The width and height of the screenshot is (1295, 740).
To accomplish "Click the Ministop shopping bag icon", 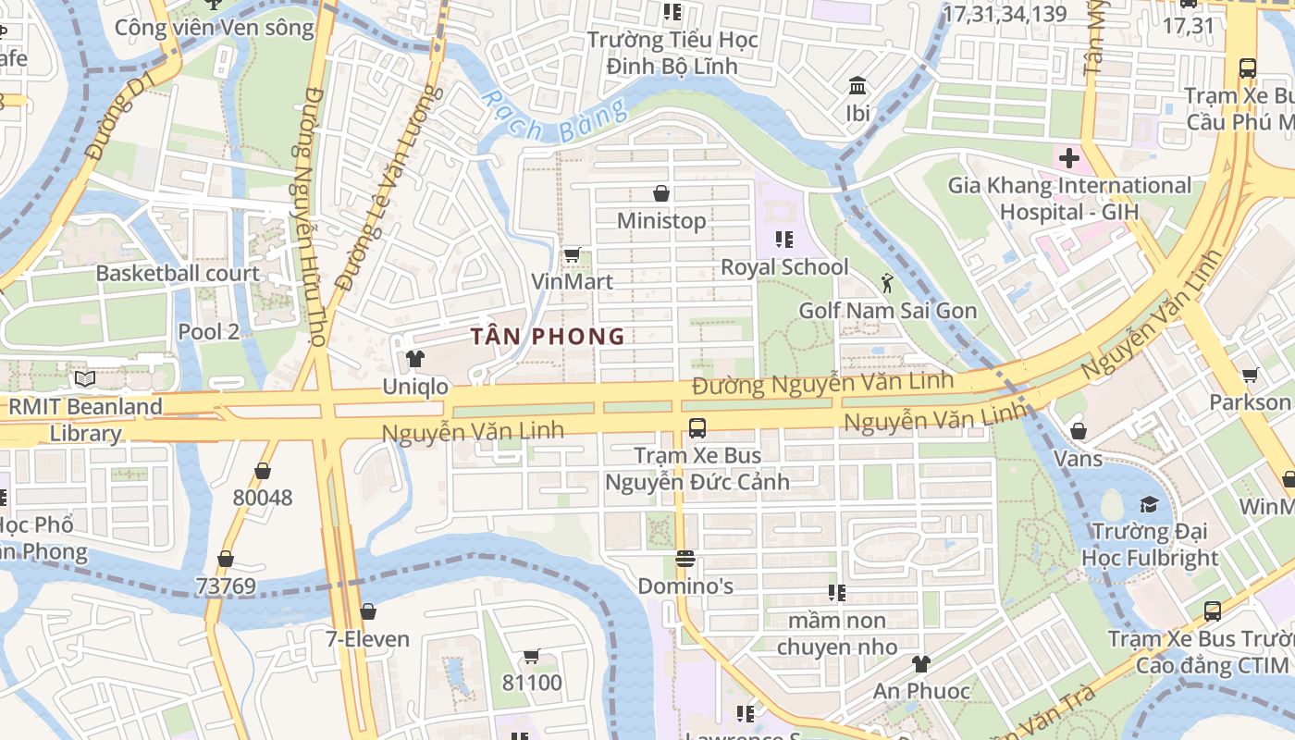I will [x=661, y=193].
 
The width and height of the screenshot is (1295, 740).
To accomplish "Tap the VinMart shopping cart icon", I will [x=572, y=254].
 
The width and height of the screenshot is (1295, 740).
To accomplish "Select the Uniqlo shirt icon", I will [x=415, y=359].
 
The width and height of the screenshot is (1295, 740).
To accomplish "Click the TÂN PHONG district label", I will [x=548, y=337].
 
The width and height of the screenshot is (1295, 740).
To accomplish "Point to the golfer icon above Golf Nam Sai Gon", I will [x=888, y=282].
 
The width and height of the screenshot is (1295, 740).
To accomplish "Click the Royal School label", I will [x=784, y=267].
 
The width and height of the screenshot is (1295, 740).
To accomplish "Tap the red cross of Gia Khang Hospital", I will [x=1069, y=158].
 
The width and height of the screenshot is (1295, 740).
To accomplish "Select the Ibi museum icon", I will [x=857, y=86].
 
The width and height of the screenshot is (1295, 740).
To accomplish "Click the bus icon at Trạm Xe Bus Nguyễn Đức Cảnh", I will [x=697, y=428].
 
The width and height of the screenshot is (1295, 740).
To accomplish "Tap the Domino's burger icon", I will [x=685, y=559].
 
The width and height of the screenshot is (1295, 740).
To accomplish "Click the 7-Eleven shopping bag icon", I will [x=368, y=611].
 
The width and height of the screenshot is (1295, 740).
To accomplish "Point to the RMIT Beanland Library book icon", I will [x=85, y=378].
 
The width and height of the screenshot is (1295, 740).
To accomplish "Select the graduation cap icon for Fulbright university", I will [x=1149, y=504].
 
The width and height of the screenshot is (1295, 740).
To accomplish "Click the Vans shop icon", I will [x=1079, y=431].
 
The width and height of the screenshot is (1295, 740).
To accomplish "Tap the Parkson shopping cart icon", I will [x=1251, y=376].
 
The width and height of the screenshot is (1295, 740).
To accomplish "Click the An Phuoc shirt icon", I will [x=921, y=663].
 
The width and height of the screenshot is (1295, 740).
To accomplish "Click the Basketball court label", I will [x=178, y=274].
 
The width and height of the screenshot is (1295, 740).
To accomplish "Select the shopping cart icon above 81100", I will [x=532, y=656].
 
